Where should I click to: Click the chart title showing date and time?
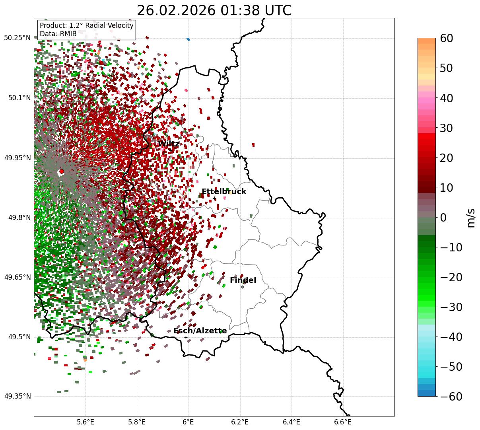pyautogui.click(x=214, y=10)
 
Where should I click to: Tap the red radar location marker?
pyautogui.click(x=61, y=171)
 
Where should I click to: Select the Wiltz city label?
pyautogui.click(x=169, y=144)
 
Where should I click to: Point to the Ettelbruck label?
pyautogui.click(x=224, y=192)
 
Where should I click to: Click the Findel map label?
pyautogui.click(x=243, y=280)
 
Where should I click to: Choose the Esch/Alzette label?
pyautogui.click(x=200, y=331)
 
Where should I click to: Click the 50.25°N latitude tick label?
pyautogui.click(x=17, y=38)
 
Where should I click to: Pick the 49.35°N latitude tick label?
pyautogui.click(x=17, y=396)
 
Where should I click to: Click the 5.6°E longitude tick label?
pyautogui.click(x=85, y=422)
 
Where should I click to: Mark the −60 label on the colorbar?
pyautogui.click(x=451, y=397)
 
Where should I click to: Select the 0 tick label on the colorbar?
pyautogui.click(x=443, y=218)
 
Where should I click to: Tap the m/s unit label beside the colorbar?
pyautogui.click(x=471, y=218)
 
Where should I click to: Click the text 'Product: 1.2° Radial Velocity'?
pyautogui.click(x=87, y=26)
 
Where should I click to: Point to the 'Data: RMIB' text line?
pyautogui.click(x=58, y=34)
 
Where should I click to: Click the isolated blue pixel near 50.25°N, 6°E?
pyautogui.click(x=188, y=39)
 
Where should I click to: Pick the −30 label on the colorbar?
pyautogui.click(x=451, y=307)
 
